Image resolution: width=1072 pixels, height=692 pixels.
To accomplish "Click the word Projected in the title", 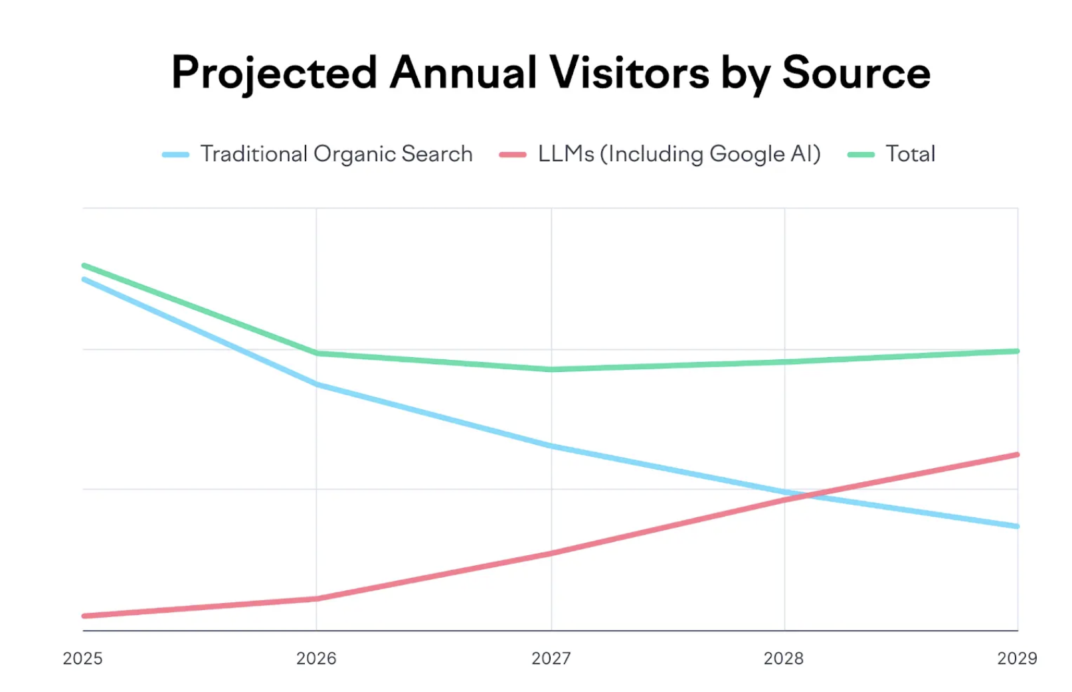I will click(274, 73).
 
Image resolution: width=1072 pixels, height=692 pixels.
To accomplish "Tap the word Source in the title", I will click(856, 73).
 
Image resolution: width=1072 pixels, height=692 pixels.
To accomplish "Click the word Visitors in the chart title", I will click(629, 73).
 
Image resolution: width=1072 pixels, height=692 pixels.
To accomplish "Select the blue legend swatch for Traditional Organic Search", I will click(176, 155).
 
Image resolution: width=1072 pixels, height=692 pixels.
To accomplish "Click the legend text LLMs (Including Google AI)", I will click(679, 154).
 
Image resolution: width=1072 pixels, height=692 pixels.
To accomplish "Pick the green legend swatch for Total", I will click(861, 155).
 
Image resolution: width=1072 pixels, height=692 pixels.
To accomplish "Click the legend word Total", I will click(910, 154).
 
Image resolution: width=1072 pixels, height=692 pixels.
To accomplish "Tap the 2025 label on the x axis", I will click(82, 658).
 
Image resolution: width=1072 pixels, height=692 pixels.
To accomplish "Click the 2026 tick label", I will click(316, 658).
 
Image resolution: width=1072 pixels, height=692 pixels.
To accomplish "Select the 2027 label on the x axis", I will click(551, 658).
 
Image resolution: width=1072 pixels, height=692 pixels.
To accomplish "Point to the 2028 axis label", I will click(784, 658).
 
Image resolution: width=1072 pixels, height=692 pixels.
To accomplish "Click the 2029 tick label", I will click(1017, 658).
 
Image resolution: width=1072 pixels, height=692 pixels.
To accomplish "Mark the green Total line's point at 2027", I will click(551, 369).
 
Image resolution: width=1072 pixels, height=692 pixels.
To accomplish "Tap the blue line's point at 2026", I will click(317, 384).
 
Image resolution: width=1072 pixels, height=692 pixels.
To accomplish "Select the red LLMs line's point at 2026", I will click(317, 598).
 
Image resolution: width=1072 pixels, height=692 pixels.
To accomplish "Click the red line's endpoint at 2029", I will click(1017, 455).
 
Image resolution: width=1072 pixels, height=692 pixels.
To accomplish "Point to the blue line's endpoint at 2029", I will click(1017, 526).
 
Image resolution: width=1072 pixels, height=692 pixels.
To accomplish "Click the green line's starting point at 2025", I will click(84, 266).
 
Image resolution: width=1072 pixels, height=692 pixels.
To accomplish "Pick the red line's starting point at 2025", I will click(84, 616).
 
